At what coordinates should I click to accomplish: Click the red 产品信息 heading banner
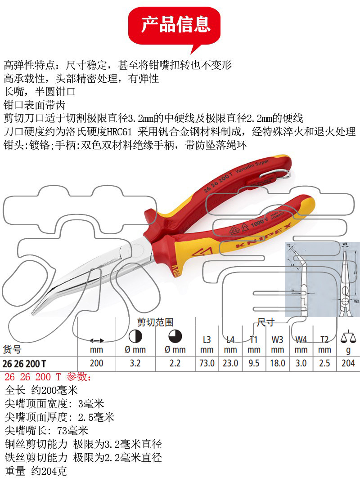(x=175, y=25)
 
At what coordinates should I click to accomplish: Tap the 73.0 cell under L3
(x=207, y=363)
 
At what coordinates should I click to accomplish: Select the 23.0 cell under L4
(x=230, y=363)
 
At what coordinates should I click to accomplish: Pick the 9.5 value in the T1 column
(x=254, y=363)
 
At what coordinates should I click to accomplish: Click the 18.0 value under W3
(x=278, y=363)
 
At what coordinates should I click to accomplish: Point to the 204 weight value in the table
(x=348, y=363)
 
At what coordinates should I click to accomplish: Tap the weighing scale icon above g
(x=348, y=336)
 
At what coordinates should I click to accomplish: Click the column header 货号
(x=13, y=349)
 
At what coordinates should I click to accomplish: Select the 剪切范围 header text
(x=155, y=322)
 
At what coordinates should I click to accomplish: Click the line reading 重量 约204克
(x=36, y=471)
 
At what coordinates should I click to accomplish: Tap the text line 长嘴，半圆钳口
(x=40, y=93)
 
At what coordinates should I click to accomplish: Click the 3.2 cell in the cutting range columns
(x=135, y=363)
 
